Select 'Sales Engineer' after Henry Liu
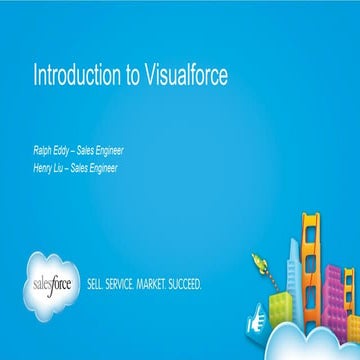(x=96, y=168)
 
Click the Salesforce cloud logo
(x=56, y=282)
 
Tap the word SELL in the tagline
(x=99, y=285)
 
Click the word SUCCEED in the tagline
(x=190, y=285)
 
